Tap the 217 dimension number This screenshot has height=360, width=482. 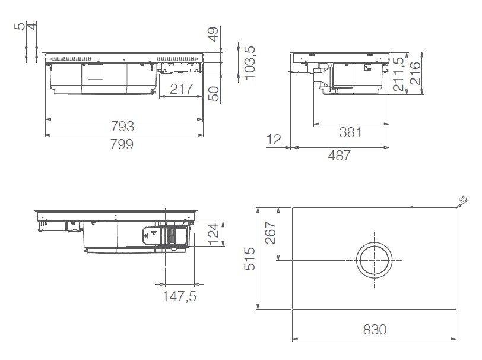coord(182,90)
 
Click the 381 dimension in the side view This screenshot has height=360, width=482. coord(350,132)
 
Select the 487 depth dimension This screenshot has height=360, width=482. coord(340,155)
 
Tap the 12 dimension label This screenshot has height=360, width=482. coord(274,140)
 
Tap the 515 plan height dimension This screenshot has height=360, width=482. coord(250,258)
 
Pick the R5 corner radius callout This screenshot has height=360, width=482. coord(464,200)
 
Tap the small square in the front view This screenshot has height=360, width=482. coord(96,72)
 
